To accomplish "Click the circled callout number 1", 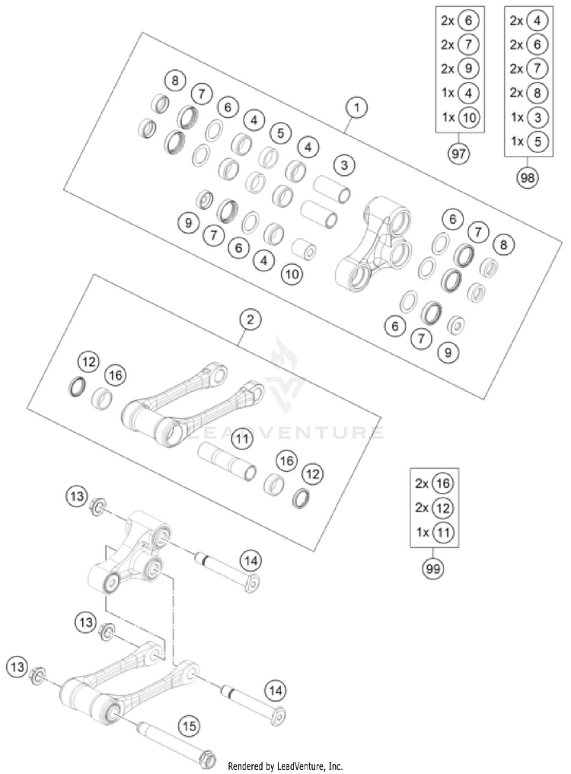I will click(x=355, y=107).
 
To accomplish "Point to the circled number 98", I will click(x=527, y=177).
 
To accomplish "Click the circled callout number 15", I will click(x=190, y=726).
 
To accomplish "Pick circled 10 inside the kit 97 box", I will click(x=470, y=118).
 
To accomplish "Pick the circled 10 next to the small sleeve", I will click(x=292, y=272).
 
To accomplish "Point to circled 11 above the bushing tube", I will click(x=242, y=439).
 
